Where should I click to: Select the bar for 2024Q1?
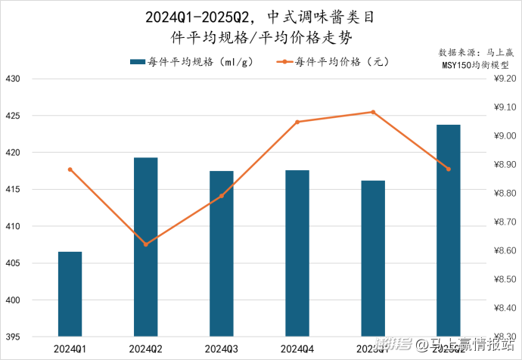tap(70, 293)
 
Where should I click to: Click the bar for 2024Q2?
tap(145, 247)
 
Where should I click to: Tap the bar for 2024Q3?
tap(221, 253)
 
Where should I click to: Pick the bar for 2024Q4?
tap(297, 253)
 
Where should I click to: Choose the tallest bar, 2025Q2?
tap(448, 230)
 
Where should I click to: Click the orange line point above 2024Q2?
tap(145, 244)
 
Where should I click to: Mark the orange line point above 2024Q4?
tap(297, 122)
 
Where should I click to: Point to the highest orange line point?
tap(372, 112)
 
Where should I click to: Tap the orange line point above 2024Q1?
tap(70, 169)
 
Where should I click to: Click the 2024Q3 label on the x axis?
tap(221, 349)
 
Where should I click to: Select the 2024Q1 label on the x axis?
tap(70, 349)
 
